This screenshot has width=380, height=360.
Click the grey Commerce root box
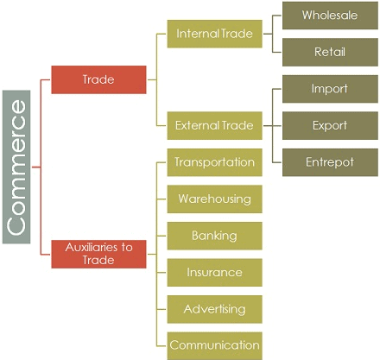[x=16, y=166]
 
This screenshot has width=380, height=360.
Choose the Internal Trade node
[x=214, y=34]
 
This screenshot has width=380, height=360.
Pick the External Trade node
[x=214, y=125]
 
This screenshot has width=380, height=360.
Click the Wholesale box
[x=330, y=16]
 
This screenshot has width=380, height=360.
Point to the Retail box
[x=330, y=52]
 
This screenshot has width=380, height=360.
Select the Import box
[x=330, y=89]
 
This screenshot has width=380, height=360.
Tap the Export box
[x=330, y=125]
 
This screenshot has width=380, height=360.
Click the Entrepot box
[x=330, y=161]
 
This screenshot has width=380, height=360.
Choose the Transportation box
[x=214, y=162]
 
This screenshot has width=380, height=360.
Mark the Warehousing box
[x=214, y=199]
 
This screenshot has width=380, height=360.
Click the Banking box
[x=214, y=236]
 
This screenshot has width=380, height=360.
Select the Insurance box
[x=214, y=272]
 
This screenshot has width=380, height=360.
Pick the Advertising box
[x=214, y=309]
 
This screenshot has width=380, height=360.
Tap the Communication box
[x=214, y=345]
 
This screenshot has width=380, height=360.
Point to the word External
[x=197, y=125]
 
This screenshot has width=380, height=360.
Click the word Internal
[x=196, y=34]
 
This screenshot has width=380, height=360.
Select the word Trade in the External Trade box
[x=237, y=125]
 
